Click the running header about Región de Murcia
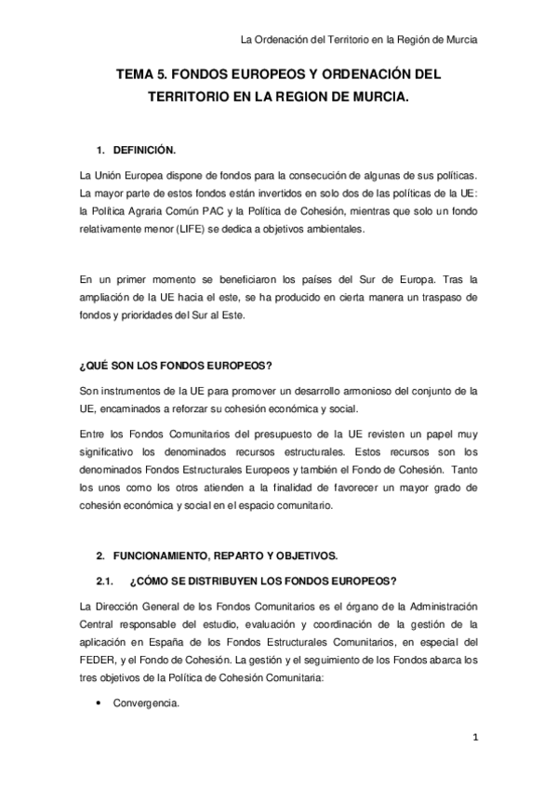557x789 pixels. [x=359, y=39]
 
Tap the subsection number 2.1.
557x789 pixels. [x=105, y=580]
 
